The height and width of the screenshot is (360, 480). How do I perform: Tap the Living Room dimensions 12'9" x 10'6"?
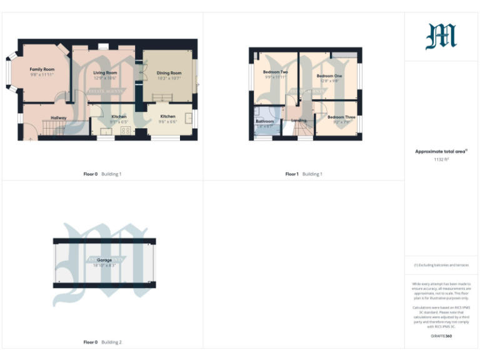pos(105,79)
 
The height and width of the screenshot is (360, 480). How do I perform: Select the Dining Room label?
pos(169,73)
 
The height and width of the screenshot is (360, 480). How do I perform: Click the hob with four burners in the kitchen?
pos(124,131)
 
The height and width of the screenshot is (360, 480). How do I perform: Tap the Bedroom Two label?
pos(275,72)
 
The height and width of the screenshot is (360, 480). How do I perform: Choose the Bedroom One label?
pos(330,76)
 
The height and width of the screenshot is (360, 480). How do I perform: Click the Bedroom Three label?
pos(341,117)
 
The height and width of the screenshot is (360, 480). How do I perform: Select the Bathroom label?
pos(264,121)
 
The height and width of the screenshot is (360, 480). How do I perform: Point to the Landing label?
pos(299,120)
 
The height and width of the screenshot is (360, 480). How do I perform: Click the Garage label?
pos(104,259)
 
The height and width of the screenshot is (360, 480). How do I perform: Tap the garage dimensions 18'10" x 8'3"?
pos(104,266)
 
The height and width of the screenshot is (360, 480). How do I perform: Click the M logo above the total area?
pos(441,36)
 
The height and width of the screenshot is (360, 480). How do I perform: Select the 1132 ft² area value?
pos(441,159)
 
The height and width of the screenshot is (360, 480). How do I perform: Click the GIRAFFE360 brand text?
pos(441,336)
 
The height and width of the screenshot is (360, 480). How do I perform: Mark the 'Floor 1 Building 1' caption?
pos(304,174)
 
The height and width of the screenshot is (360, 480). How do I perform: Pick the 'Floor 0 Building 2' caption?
pos(102,342)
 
